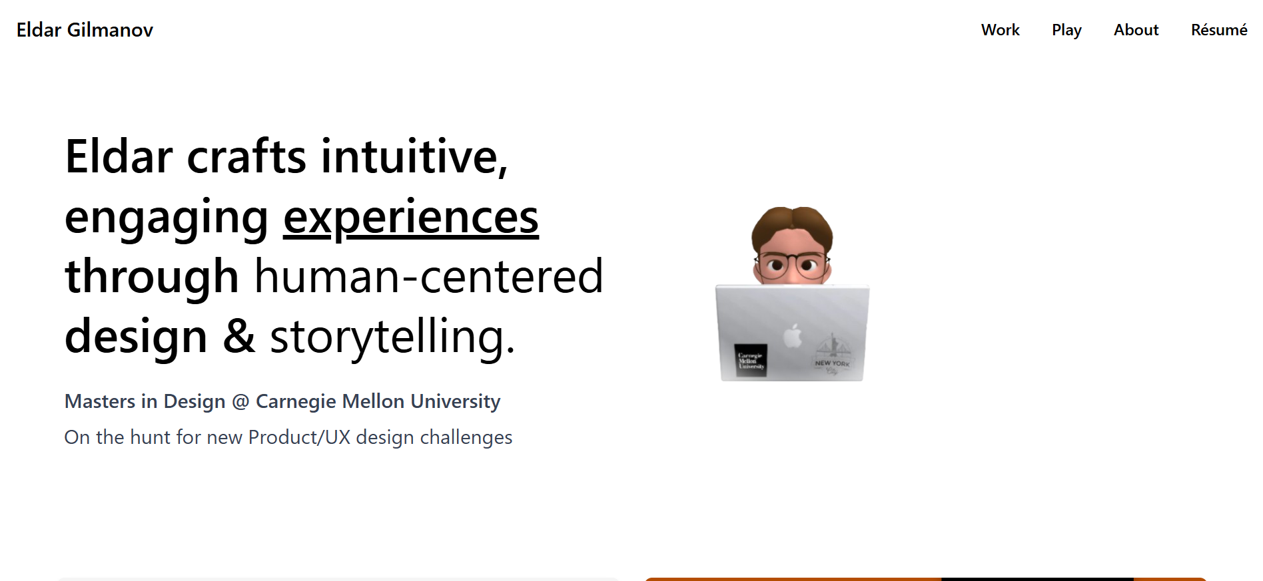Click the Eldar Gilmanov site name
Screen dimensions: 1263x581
coord(85,30)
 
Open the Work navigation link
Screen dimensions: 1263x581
coord(1000,30)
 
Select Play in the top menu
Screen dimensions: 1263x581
coord(1066,31)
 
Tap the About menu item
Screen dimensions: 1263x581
coord(1136,30)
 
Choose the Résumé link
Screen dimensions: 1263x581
coord(1219,30)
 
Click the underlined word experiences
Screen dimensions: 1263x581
coord(411,218)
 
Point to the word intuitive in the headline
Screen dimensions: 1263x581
coord(414,157)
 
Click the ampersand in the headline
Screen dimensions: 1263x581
coord(239,336)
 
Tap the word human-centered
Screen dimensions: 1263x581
coord(429,277)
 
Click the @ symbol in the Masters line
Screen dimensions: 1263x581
coord(240,401)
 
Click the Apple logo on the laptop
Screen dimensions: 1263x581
coord(793,335)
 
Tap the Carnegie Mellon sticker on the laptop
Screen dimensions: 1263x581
coord(751,361)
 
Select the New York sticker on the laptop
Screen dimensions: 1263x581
coord(832,355)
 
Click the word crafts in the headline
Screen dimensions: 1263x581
coord(247,157)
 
